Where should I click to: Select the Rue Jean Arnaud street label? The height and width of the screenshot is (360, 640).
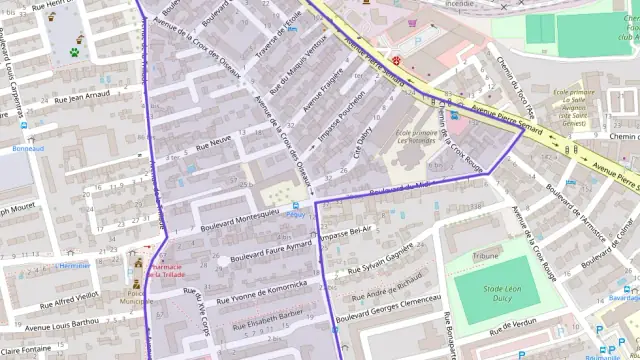81,98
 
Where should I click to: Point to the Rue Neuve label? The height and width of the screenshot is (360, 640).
213,144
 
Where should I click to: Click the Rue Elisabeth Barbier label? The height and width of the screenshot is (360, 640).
267,318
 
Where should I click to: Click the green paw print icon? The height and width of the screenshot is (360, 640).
74,50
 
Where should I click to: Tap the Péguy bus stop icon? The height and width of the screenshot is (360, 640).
295,204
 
